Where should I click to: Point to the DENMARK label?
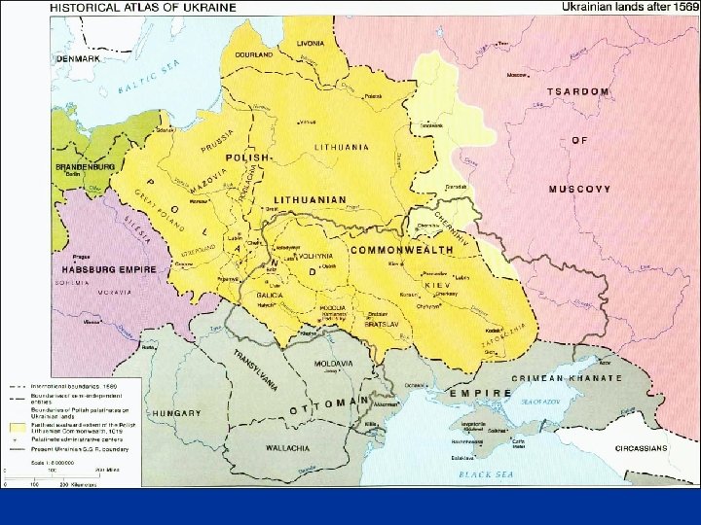(x=79, y=58)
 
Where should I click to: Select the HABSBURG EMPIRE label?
(x=109, y=268)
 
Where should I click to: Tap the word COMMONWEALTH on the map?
(x=401, y=250)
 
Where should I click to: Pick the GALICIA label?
(x=270, y=294)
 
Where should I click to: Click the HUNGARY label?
(x=176, y=413)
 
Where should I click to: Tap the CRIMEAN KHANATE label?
(x=579, y=377)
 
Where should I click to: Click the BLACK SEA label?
(x=485, y=473)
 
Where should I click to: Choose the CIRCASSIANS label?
(x=640, y=448)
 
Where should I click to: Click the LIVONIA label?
(x=311, y=44)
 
